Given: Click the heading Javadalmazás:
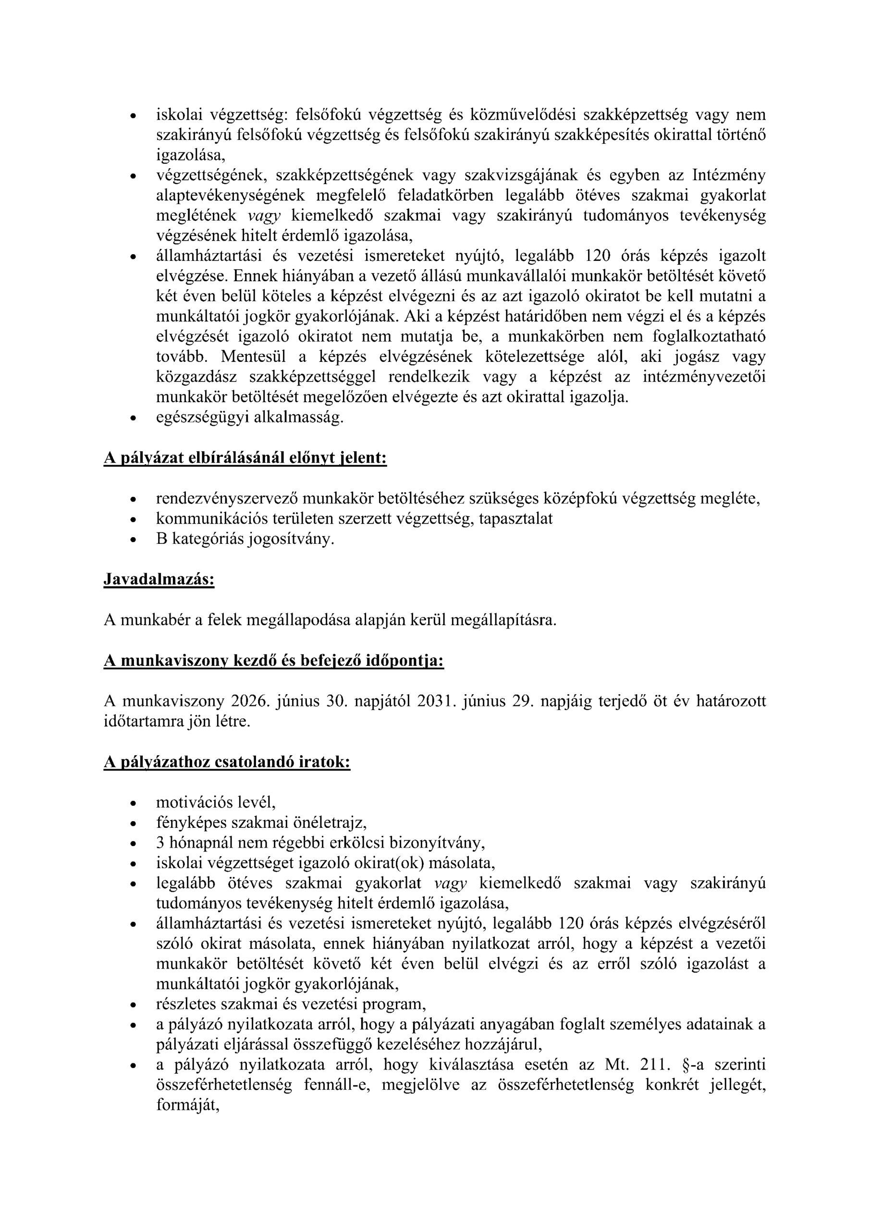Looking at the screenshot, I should click(159, 579).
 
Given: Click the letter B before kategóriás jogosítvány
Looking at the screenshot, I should click(162, 539).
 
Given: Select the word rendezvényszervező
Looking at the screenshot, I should click(227, 499).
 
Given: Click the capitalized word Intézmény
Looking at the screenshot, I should click(729, 175).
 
